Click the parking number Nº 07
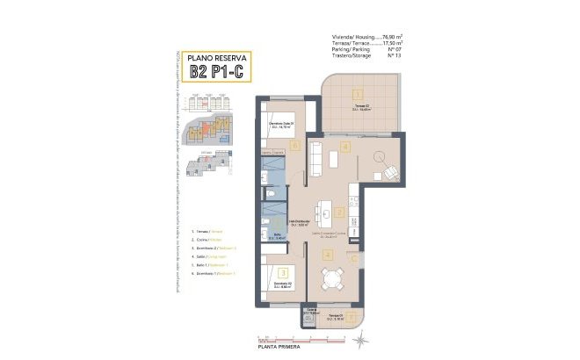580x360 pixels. tap(394, 48)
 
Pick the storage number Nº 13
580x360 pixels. tap(394, 54)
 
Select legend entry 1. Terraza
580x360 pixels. tap(204, 231)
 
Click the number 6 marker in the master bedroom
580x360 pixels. tap(295, 146)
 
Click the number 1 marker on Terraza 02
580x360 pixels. tap(357, 93)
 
